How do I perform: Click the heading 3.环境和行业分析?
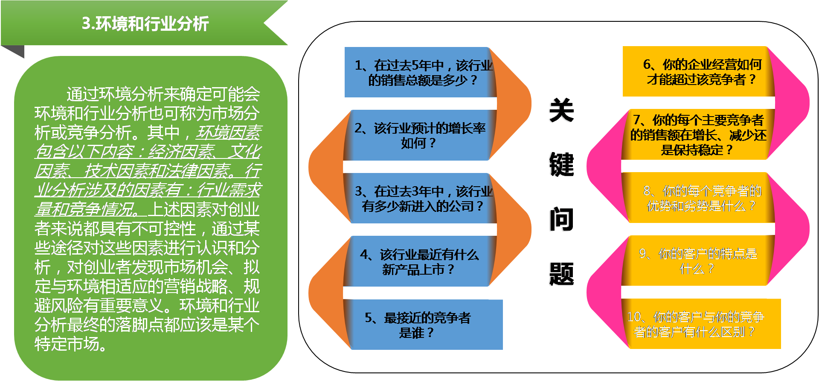(145, 23)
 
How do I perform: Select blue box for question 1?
(420, 72)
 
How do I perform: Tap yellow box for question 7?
(697, 135)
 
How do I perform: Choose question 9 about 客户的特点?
(697, 261)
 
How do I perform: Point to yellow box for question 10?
(700, 324)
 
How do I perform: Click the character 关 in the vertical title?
(561, 110)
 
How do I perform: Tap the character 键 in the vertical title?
(561, 164)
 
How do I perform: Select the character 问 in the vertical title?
(561, 220)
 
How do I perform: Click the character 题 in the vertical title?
(561, 274)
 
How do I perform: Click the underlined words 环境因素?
(228, 132)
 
